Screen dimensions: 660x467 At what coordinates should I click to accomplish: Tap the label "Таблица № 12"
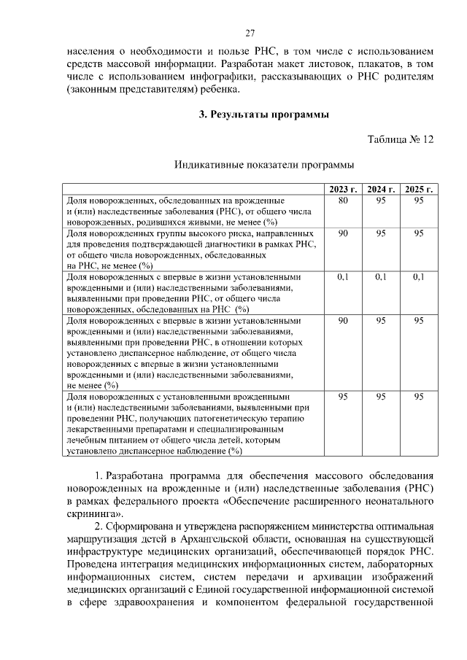401,139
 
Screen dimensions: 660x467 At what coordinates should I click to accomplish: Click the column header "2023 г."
343,190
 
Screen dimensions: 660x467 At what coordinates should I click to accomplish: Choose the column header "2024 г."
381,190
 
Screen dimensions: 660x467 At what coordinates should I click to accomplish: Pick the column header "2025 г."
419,190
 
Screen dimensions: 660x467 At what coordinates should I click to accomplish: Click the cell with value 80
343,200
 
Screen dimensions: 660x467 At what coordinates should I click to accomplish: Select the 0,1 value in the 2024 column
381,277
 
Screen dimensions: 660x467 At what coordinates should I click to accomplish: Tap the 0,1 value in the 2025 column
419,277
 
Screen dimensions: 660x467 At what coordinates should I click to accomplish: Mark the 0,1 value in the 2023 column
343,277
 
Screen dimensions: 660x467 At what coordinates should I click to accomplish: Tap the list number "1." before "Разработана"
101,475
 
